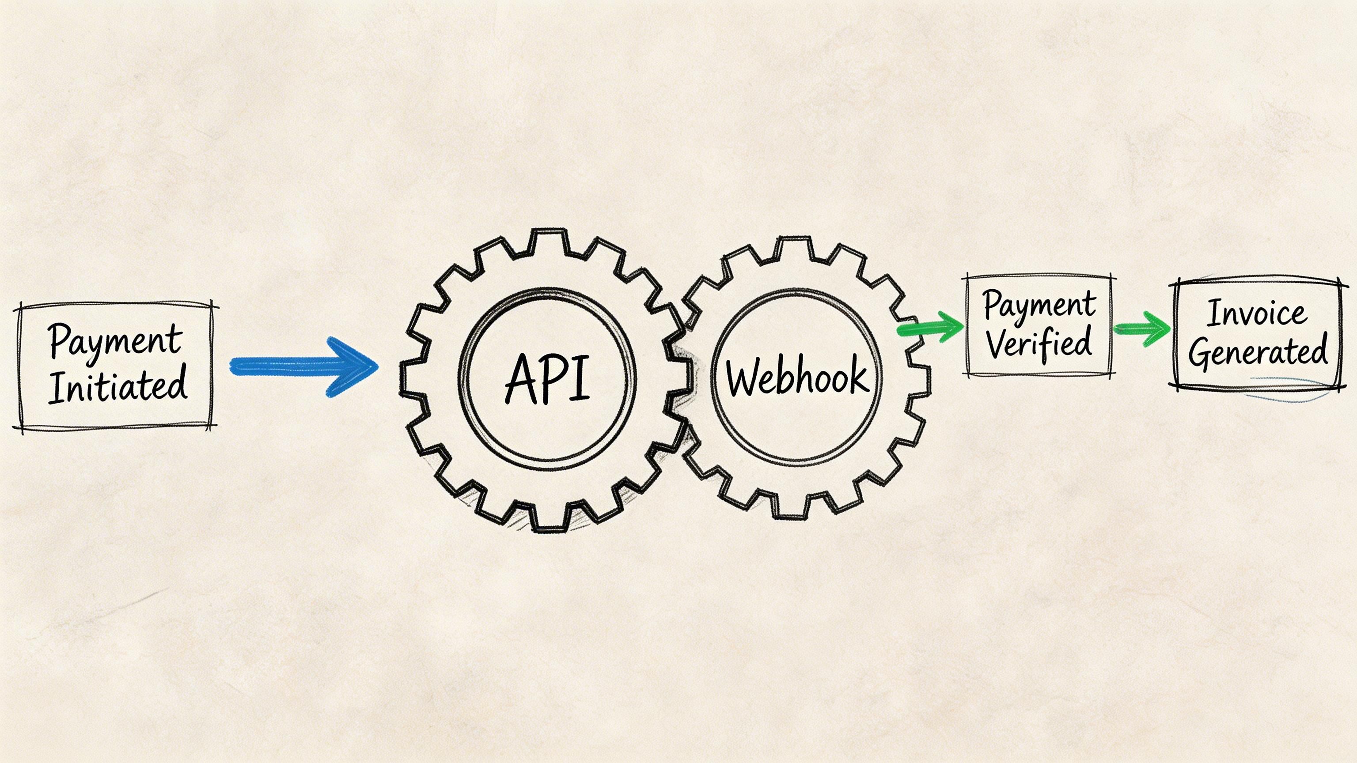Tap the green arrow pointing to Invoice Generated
click(1142, 329)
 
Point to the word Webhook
click(796, 376)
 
